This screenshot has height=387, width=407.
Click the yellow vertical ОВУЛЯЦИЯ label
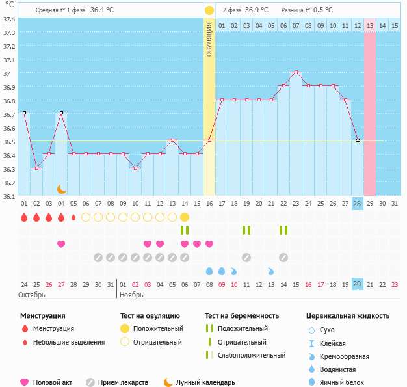tap(209, 39)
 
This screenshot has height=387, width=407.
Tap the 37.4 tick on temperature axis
tap(9, 19)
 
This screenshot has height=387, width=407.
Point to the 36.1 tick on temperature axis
tap(9, 195)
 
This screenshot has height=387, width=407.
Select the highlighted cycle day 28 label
tap(357, 204)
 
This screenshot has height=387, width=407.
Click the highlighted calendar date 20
tap(357, 284)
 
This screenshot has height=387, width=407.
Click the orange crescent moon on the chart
tap(61, 189)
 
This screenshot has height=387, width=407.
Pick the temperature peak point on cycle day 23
tap(296, 72)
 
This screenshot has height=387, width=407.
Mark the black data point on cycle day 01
tap(24, 113)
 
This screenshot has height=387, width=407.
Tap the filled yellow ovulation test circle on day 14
tap(185, 217)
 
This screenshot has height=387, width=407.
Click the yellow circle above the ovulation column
tap(209, 10)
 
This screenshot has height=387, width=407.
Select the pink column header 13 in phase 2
tap(369, 25)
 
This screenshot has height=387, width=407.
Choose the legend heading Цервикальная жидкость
tap(348, 316)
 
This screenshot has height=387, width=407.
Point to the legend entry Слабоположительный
tap(252, 355)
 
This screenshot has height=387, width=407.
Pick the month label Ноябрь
tap(132, 295)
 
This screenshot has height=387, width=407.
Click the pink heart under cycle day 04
tap(61, 244)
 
